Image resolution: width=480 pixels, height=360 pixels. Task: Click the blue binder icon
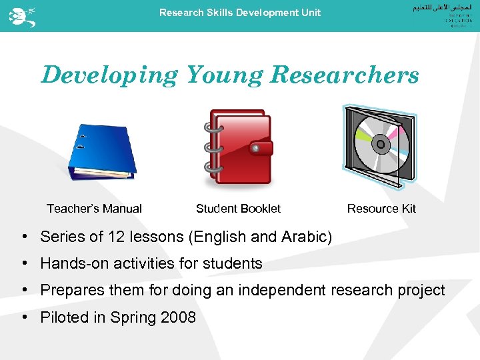click(x=102, y=151)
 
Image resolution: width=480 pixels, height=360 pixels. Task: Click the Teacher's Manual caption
click(x=94, y=209)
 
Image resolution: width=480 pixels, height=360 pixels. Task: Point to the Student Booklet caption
click(x=238, y=209)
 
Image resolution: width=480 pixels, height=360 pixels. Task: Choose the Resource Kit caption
click(x=381, y=209)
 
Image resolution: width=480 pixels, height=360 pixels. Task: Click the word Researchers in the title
click(x=345, y=75)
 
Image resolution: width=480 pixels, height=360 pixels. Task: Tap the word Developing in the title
click(x=109, y=75)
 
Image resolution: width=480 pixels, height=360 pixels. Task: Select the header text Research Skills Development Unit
click(x=240, y=13)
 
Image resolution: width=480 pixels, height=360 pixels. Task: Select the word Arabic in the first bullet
click(x=304, y=237)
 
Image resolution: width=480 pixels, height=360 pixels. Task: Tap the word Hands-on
click(x=71, y=264)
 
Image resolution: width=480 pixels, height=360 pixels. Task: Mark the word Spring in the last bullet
click(x=135, y=318)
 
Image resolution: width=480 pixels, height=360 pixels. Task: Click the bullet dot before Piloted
click(x=23, y=317)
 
